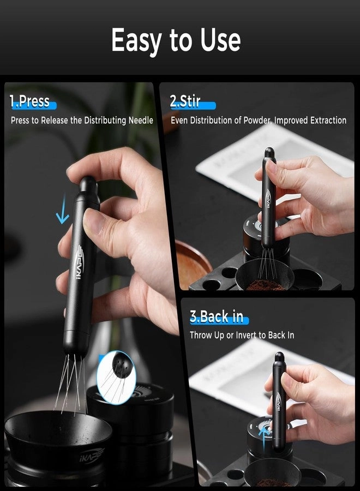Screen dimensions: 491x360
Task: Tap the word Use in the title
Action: tap(218, 40)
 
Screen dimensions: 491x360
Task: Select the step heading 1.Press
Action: tap(29, 101)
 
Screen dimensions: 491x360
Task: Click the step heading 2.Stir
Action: tap(185, 101)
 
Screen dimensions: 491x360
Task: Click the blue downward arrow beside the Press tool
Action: tap(63, 214)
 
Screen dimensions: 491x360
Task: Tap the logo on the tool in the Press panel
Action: tap(77, 264)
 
